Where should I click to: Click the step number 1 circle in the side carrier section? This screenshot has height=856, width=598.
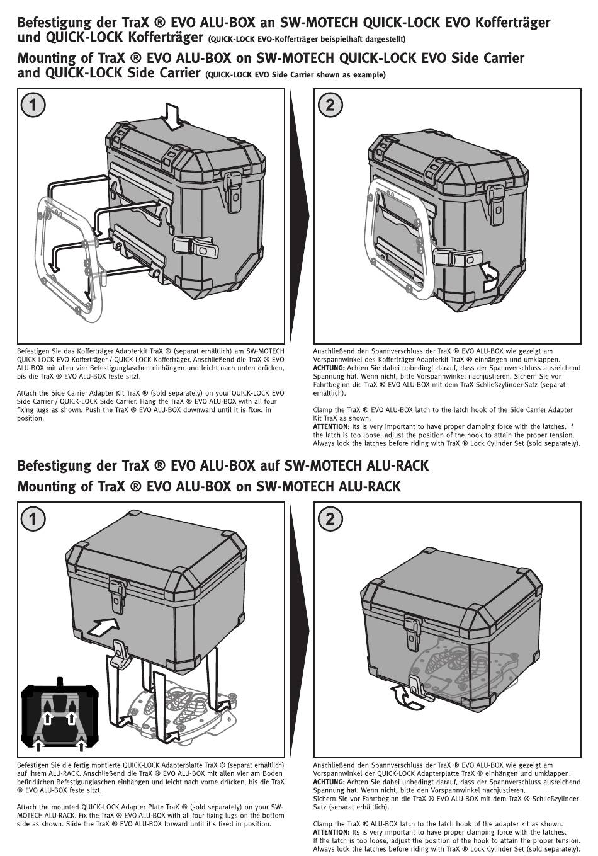point(33,105)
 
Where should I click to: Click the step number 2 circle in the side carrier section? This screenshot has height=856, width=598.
point(330,105)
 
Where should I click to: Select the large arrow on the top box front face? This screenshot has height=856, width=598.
point(103,627)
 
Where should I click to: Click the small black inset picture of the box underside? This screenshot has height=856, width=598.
point(59,716)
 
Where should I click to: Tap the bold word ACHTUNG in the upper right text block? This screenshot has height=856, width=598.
point(329,368)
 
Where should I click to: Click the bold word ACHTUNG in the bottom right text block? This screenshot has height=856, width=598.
point(329,782)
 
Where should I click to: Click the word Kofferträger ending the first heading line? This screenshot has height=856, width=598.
point(508,23)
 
